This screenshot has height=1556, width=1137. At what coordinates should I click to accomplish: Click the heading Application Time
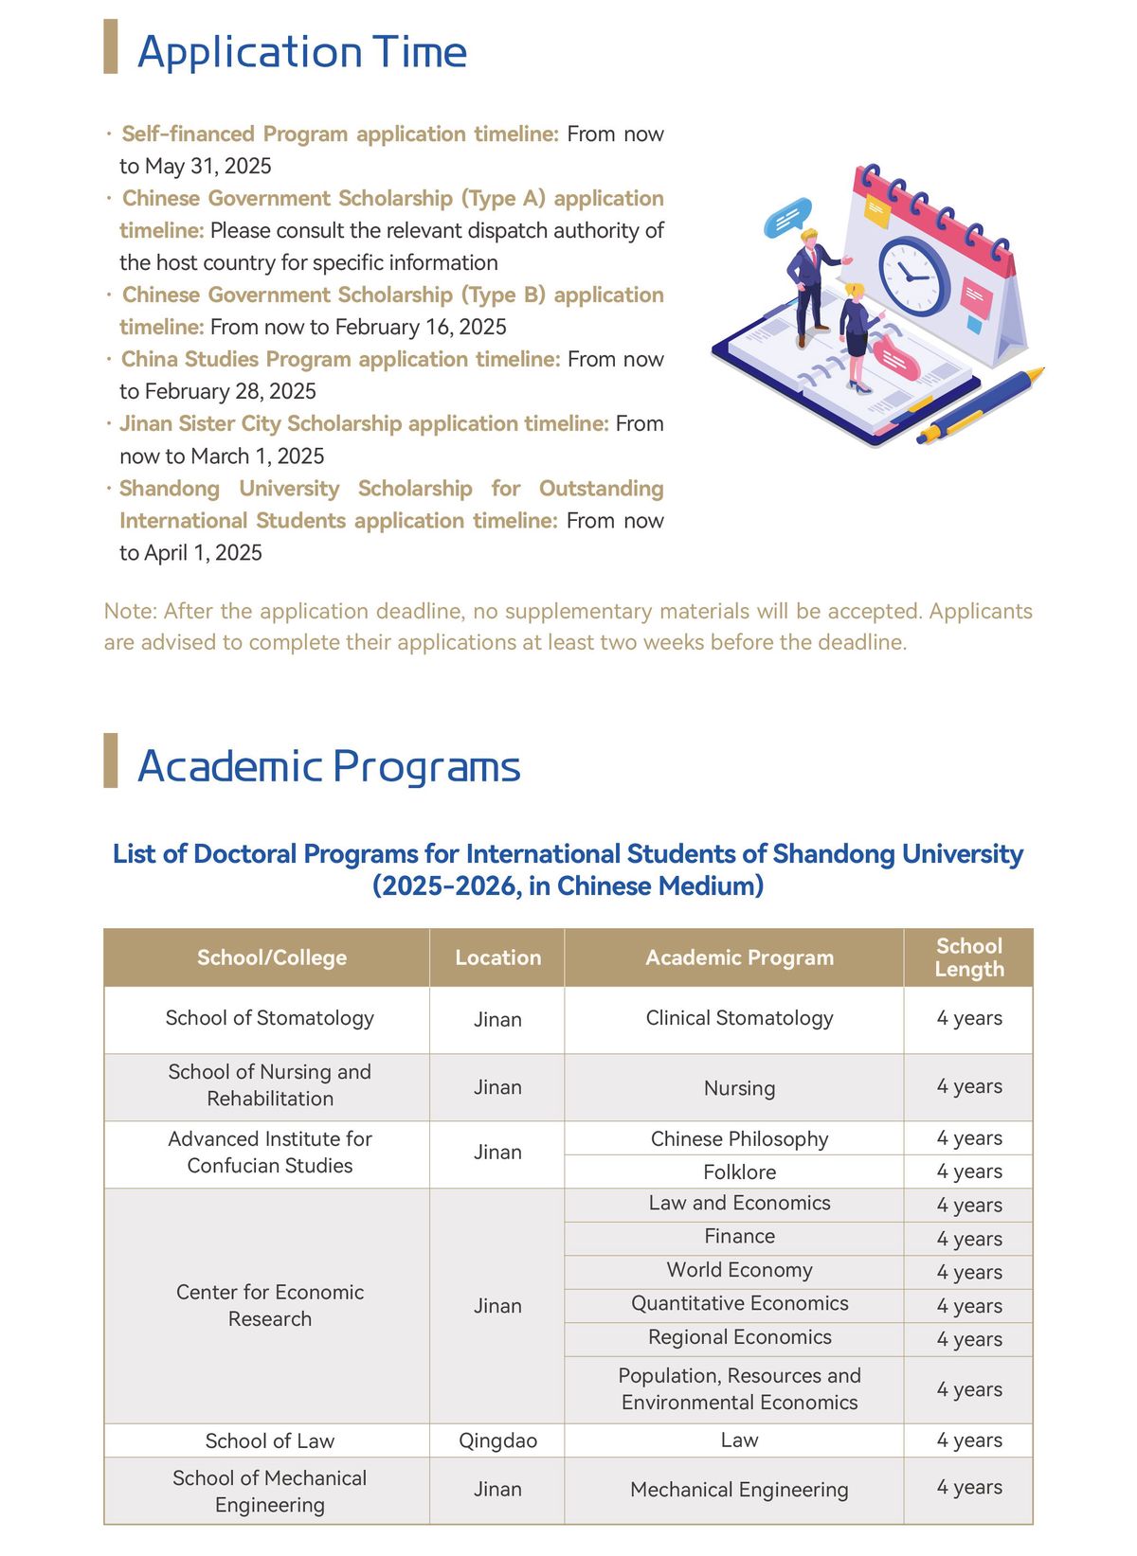tap(301, 52)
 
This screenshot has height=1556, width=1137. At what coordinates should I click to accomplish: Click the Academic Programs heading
tap(328, 766)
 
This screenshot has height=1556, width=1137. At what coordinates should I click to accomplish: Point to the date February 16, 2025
tap(421, 328)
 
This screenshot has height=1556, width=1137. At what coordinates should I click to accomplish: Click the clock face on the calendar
tap(913, 275)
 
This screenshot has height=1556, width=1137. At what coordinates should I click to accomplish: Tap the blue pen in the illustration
tap(981, 405)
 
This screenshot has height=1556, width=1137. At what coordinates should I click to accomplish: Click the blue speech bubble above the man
tap(787, 218)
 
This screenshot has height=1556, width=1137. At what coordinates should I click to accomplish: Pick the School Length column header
tap(968, 957)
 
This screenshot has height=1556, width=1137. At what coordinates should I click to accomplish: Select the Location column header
tap(497, 957)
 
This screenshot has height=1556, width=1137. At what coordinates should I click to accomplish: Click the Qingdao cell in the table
tap(497, 1440)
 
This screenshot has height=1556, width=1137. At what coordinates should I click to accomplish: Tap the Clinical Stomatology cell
tap(739, 1018)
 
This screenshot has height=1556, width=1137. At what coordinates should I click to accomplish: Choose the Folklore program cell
tap(739, 1172)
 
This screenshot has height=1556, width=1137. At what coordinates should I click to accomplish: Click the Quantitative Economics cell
tap(739, 1304)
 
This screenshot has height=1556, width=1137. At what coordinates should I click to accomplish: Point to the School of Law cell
tap(270, 1440)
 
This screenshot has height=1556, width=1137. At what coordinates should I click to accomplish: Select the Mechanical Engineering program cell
tap(739, 1490)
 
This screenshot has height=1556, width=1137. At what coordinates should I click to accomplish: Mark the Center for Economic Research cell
tap(270, 1306)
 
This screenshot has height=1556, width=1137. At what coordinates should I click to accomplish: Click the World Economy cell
tap(739, 1270)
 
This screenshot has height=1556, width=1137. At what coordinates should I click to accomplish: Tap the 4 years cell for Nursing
tap(968, 1087)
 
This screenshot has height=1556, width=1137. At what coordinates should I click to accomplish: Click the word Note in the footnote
tap(128, 612)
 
